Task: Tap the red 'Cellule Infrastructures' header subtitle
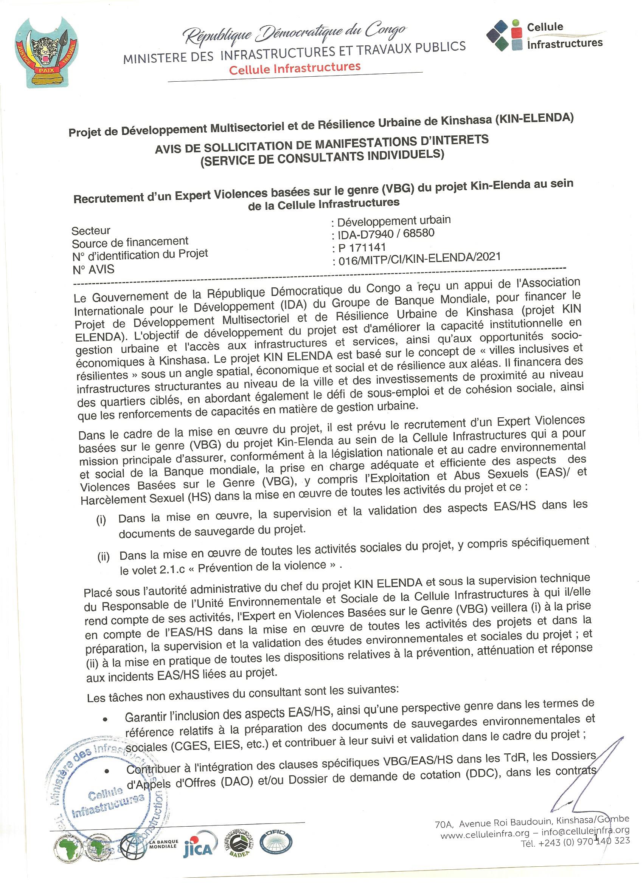tap(295, 68)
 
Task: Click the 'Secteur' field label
tap(91, 231)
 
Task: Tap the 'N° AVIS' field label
tap(94, 269)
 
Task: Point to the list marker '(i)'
tap(101, 520)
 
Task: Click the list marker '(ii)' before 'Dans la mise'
tap(104, 557)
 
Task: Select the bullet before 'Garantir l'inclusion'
tap(105, 720)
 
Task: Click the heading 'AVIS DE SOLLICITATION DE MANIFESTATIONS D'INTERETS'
tap(322, 144)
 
